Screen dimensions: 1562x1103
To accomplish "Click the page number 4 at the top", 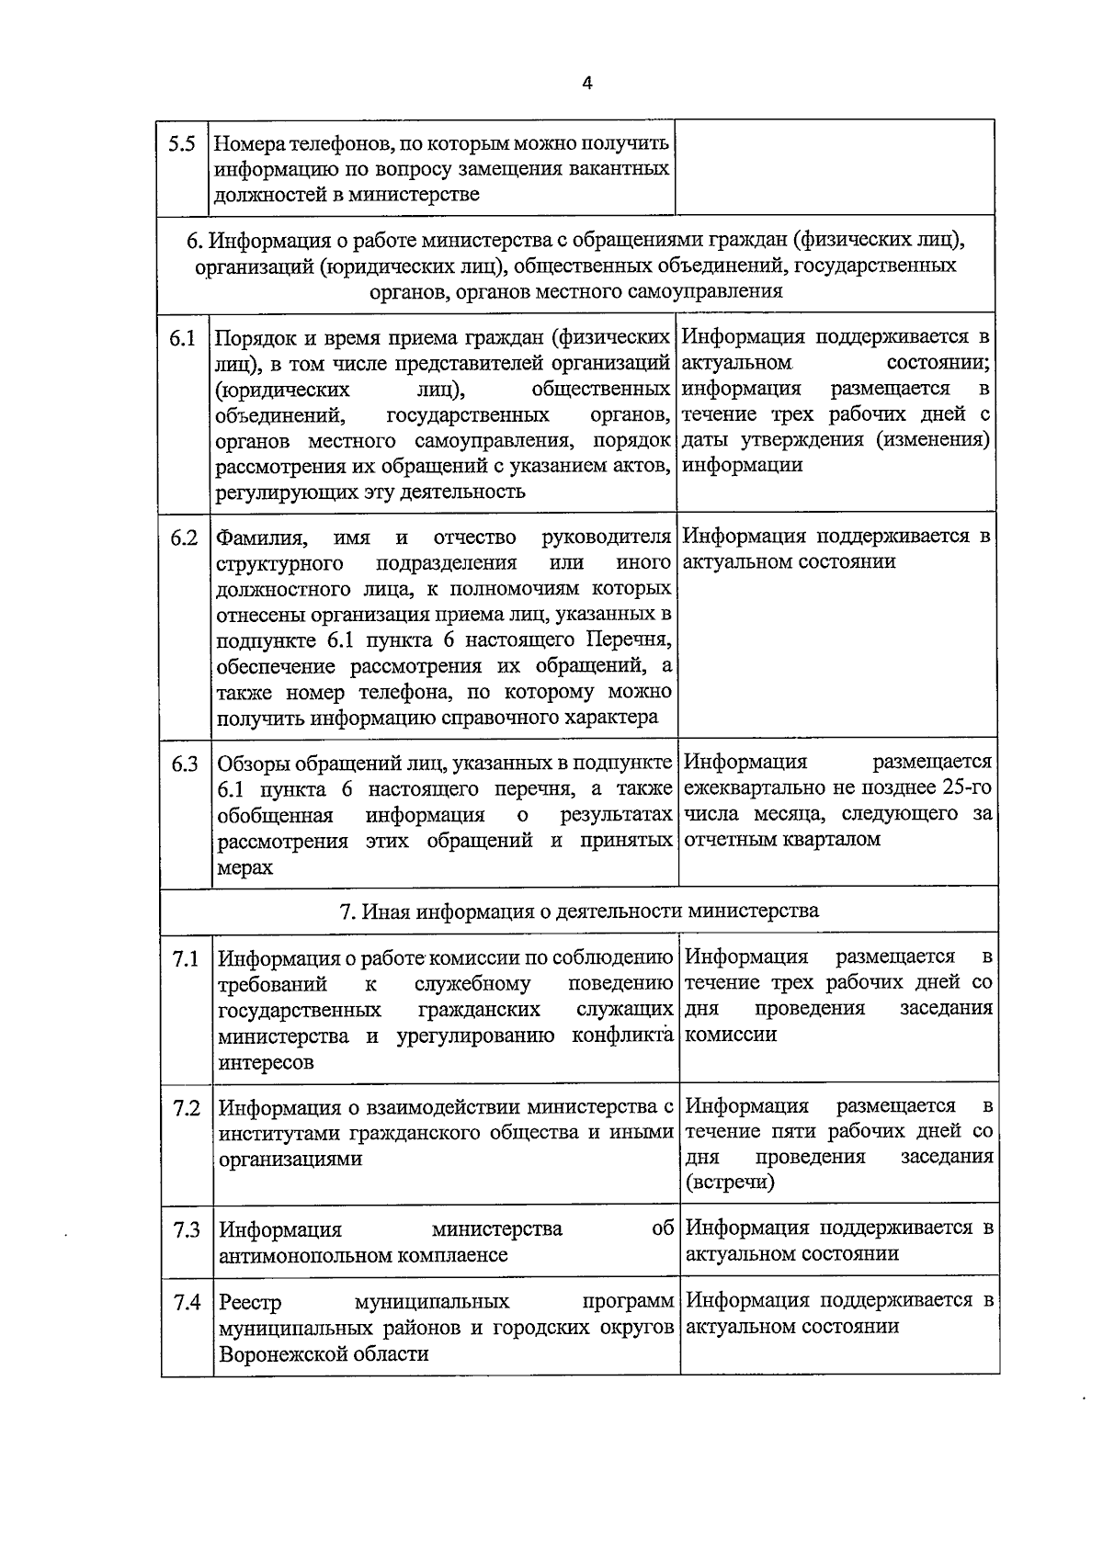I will pyautogui.click(x=586, y=83).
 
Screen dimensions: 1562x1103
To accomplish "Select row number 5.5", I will pyautogui.click(x=182, y=144).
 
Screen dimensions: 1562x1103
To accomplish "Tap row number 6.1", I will pyautogui.click(x=182, y=338).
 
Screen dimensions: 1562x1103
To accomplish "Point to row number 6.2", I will pyautogui.click(x=184, y=538).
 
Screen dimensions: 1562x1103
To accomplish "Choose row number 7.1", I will pyautogui.click(x=186, y=959).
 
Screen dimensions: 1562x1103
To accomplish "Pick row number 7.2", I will pyautogui.click(x=186, y=1108).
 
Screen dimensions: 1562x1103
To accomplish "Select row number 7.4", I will pyautogui.click(x=186, y=1303).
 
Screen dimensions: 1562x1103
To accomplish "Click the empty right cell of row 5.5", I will pyautogui.click(x=835, y=167).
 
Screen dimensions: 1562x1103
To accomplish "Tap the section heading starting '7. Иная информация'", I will pyautogui.click(x=579, y=911).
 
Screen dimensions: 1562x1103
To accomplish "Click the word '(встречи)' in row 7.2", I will pyautogui.click(x=730, y=1183).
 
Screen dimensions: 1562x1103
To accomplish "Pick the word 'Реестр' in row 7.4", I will pyautogui.click(x=250, y=1303).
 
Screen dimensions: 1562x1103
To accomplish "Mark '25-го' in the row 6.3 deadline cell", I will pyautogui.click(x=967, y=788).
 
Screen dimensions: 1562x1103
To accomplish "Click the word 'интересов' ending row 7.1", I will pyautogui.click(x=266, y=1063).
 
